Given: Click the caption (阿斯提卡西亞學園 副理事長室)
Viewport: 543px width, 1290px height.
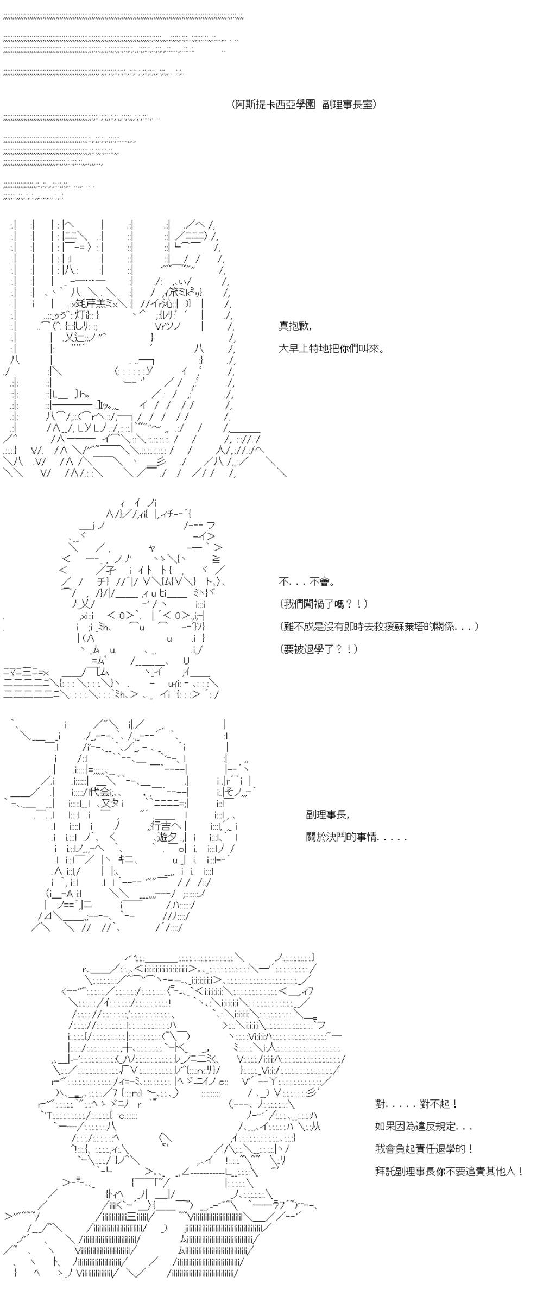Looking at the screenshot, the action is point(304,104).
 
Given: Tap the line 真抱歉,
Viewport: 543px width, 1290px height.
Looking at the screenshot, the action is point(295,326).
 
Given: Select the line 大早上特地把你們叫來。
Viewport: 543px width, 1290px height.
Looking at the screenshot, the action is point(332,349).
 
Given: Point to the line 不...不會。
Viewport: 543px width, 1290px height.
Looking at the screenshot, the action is point(307,582).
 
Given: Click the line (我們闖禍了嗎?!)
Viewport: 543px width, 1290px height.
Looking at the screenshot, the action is point(324,604).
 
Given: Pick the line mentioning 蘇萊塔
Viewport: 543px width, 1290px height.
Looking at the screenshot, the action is point(380,626).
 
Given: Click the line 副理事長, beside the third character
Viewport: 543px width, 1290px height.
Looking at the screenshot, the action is point(328,815).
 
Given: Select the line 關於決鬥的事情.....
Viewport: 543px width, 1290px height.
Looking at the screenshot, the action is point(356,837).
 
